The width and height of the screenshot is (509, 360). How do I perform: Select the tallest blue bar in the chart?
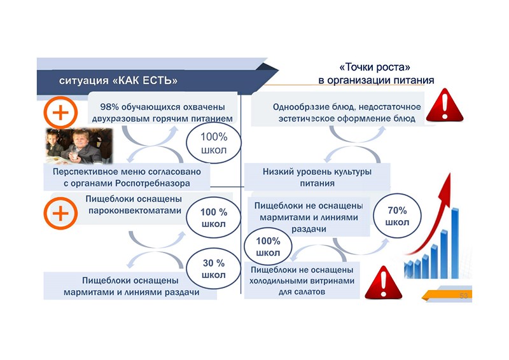455,242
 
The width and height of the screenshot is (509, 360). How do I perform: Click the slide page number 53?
463,296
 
